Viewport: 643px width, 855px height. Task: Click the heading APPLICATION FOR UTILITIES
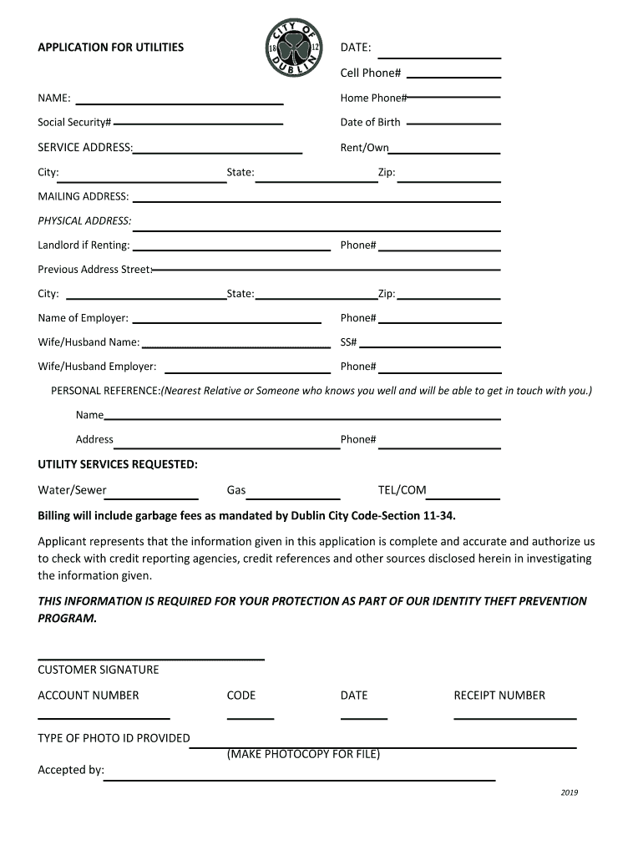pyautogui.click(x=110, y=48)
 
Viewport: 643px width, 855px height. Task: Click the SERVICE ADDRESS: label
pyautogui.click(x=85, y=148)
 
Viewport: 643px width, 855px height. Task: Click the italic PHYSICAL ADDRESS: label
pyautogui.click(x=84, y=221)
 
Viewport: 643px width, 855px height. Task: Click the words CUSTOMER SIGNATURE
pyautogui.click(x=99, y=670)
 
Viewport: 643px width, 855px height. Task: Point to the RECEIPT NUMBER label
pyautogui.click(x=499, y=696)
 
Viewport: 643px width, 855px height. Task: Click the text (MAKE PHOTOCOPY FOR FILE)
pyautogui.click(x=303, y=755)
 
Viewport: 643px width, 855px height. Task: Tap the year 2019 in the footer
pyautogui.click(x=570, y=793)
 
